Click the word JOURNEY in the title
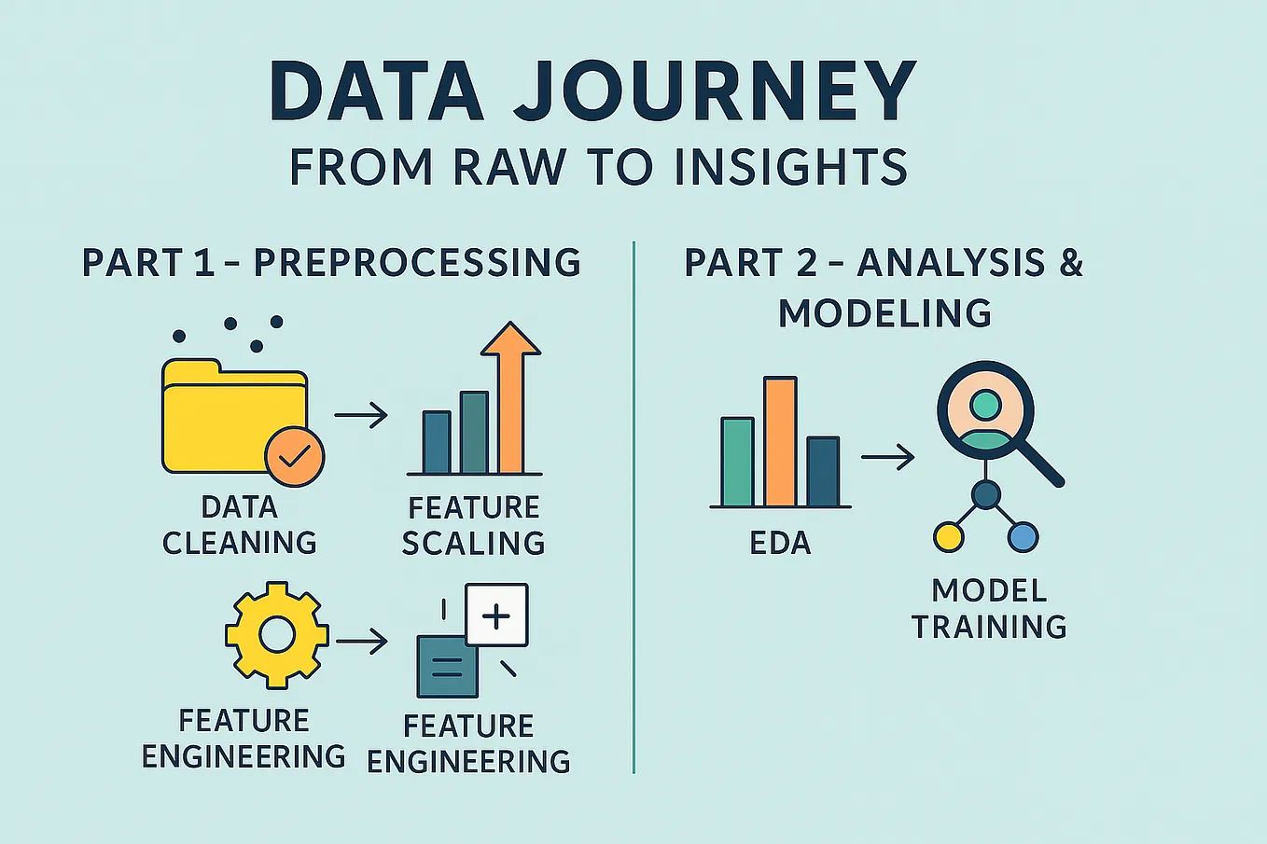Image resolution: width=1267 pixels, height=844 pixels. pos(715,90)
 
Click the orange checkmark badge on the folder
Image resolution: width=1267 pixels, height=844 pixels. pos(295,456)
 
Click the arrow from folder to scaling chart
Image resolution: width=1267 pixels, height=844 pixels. pos(360,415)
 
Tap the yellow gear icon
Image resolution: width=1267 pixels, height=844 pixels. pos(276,635)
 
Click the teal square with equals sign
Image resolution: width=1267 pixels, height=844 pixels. pos(447,667)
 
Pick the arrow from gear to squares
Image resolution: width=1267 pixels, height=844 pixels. pos(361,642)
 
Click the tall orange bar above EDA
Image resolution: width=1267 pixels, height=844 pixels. pos(780,441)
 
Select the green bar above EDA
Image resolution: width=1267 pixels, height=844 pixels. pos(737,462)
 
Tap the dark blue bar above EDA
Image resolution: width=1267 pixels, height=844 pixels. pos(823,471)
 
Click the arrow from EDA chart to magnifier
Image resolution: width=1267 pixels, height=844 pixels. pos(886,457)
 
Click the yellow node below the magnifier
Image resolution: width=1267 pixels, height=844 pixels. pos(948,537)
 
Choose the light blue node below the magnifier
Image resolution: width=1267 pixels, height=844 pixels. pos(1023,537)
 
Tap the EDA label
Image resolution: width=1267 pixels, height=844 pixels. pos(780,544)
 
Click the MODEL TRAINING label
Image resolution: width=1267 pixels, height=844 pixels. pos(989,608)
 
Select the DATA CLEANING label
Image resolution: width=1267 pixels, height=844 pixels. pos(240,525)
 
